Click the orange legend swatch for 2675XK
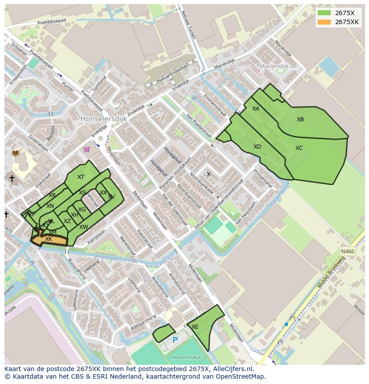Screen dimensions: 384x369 point(324,22)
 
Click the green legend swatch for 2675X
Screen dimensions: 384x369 point(324,13)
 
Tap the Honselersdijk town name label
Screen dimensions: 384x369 point(104,119)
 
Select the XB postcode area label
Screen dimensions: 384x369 point(300,120)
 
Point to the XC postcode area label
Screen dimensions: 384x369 point(299,148)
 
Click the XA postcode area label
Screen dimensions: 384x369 point(256,109)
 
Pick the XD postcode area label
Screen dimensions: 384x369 point(257,147)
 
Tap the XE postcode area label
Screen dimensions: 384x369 point(195,327)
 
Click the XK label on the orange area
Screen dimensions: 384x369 point(49,239)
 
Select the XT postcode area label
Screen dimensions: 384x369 point(81,177)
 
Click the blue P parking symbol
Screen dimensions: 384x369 point(175,340)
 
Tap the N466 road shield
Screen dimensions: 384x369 point(348,252)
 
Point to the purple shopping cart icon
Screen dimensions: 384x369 point(87,149)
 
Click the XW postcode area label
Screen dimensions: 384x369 point(83,227)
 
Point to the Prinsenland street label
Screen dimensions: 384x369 point(262,178)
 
